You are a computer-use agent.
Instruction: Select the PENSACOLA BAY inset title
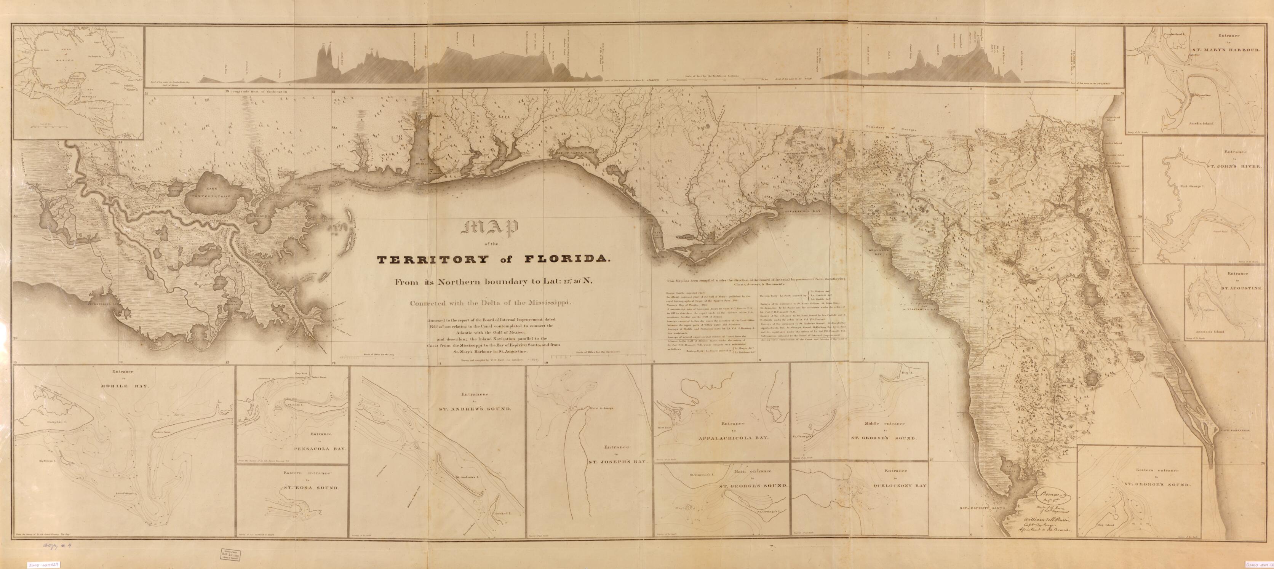pyautogui.click(x=328, y=449)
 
